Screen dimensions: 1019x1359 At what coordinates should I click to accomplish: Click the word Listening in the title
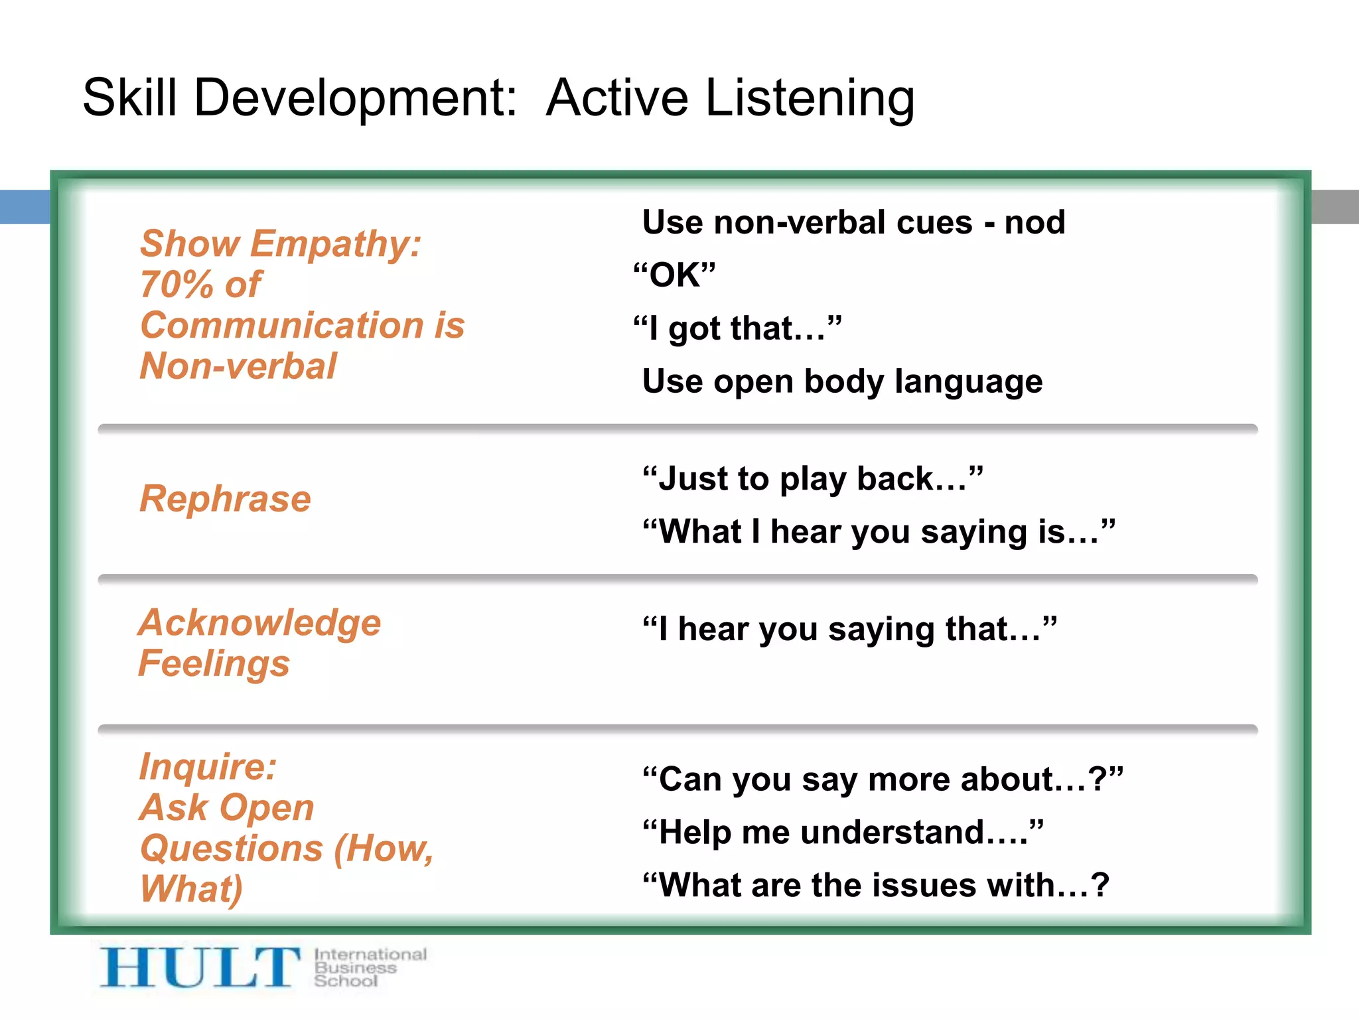tap(810, 98)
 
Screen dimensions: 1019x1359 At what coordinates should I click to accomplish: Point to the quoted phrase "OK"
tap(674, 275)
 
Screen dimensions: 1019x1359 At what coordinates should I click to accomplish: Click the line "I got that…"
tap(737, 328)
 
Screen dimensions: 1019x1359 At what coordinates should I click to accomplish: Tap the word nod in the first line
tap(1035, 222)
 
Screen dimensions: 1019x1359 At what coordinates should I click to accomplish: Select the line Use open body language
tap(842, 381)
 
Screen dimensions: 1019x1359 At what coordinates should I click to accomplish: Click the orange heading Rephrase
tap(225, 499)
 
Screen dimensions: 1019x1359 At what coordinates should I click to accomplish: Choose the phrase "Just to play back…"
tap(813, 478)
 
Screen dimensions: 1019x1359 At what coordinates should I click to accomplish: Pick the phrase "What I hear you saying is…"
tap(879, 531)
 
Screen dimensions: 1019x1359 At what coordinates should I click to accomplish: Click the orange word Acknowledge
tap(259, 623)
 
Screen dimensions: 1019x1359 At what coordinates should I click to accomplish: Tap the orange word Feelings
tap(214, 663)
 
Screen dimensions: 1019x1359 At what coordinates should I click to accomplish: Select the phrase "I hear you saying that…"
tap(849, 629)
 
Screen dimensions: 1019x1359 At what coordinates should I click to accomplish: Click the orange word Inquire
tap(207, 767)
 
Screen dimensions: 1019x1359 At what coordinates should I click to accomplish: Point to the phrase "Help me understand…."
tap(843, 832)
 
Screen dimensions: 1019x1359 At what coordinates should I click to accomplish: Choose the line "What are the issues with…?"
tap(876, 885)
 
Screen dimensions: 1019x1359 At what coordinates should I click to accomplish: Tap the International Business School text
tap(369, 967)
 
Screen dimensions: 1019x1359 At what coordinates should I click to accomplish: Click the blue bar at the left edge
tap(25, 206)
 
